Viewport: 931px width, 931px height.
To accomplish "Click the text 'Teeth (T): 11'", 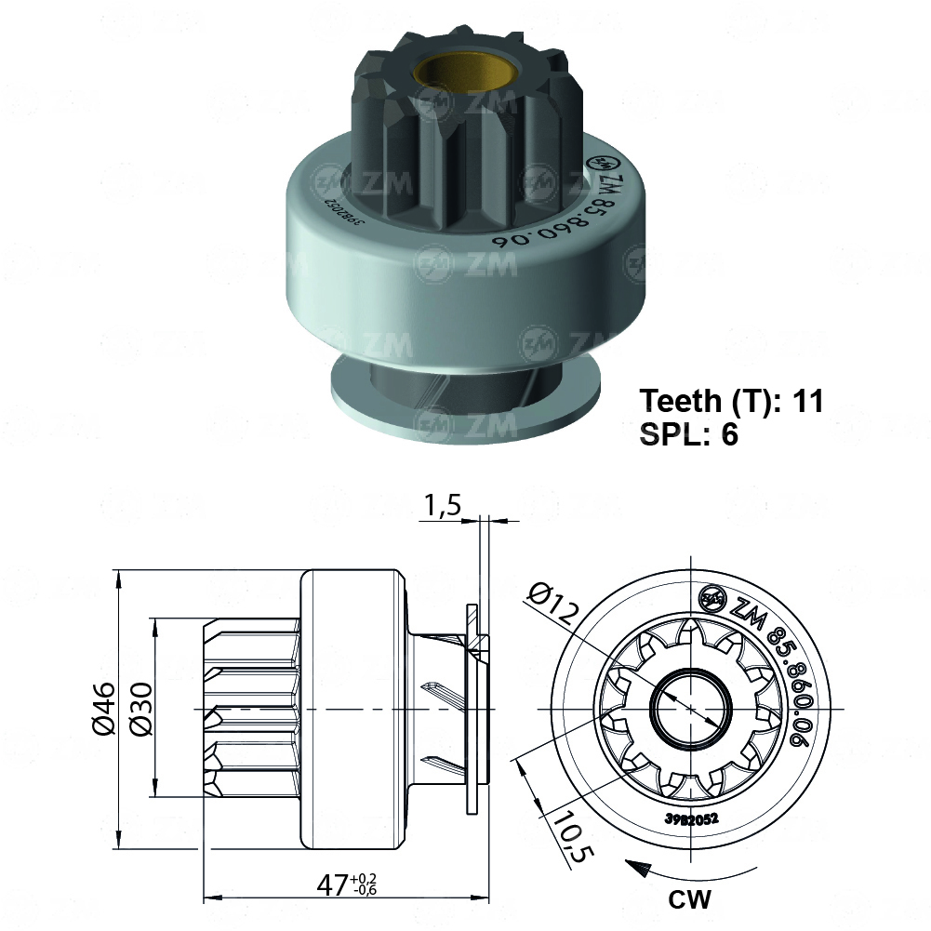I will (x=731, y=401).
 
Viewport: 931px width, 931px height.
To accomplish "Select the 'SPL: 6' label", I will (x=688, y=434).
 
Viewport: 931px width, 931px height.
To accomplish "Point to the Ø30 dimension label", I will (x=140, y=709).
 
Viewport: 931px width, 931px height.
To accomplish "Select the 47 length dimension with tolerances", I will (x=350, y=883).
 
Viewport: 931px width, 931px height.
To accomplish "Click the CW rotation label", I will (x=689, y=899).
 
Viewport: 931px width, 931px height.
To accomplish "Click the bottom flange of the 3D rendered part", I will (x=465, y=409).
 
